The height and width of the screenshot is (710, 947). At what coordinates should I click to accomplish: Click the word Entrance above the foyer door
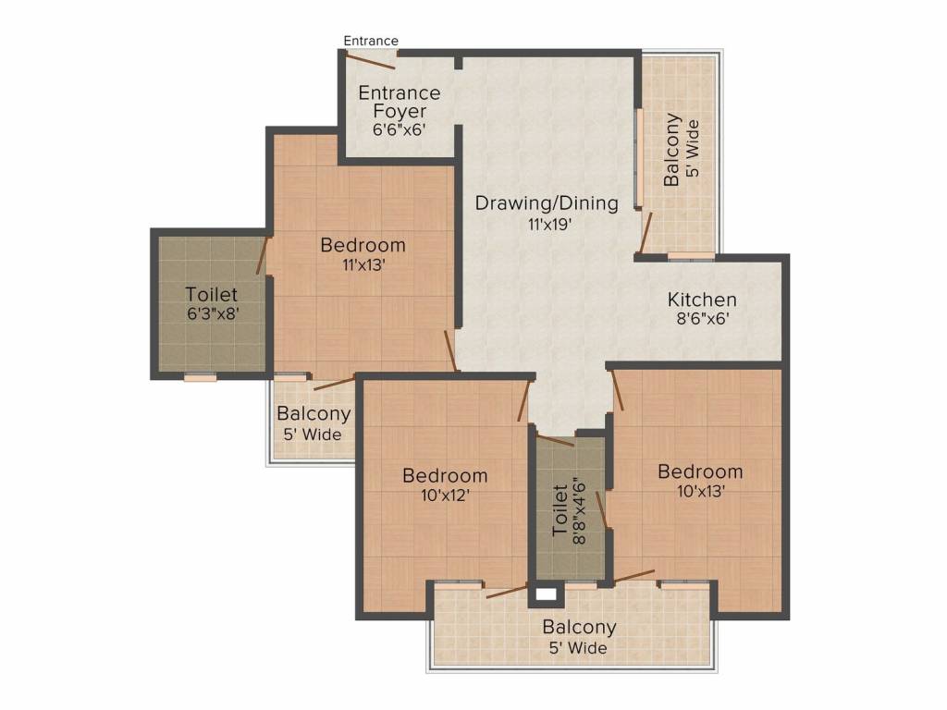pos(371,41)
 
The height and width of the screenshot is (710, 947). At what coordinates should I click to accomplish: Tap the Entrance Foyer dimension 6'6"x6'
pos(399,130)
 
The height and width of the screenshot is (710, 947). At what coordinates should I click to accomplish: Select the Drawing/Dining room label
pos(547,203)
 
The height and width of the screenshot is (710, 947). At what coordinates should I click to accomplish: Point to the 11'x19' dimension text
pos(547,223)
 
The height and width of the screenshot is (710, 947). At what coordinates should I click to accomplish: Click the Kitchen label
pos(702,300)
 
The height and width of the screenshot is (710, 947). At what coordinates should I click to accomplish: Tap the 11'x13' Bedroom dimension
pos(363,264)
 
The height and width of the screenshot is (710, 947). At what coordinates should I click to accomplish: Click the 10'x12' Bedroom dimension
pos(444,495)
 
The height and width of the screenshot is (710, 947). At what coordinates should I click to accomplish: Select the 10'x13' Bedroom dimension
pos(699,491)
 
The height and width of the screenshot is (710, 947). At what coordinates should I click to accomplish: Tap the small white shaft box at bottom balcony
pos(546,594)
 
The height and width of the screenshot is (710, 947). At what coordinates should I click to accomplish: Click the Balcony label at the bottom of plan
pos(579,628)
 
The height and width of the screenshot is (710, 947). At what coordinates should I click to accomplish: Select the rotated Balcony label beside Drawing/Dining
pos(672,150)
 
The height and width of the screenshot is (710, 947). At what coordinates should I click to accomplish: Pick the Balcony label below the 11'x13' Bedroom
pos(314,414)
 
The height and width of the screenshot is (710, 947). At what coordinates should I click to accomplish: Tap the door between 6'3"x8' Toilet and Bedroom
pos(266,257)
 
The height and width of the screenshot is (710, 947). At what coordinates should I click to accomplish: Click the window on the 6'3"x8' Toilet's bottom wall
pos(200,376)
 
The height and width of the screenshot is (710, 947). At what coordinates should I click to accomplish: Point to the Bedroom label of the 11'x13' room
pos(363,245)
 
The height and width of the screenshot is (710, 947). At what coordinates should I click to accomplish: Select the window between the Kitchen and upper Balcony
pos(691,256)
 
